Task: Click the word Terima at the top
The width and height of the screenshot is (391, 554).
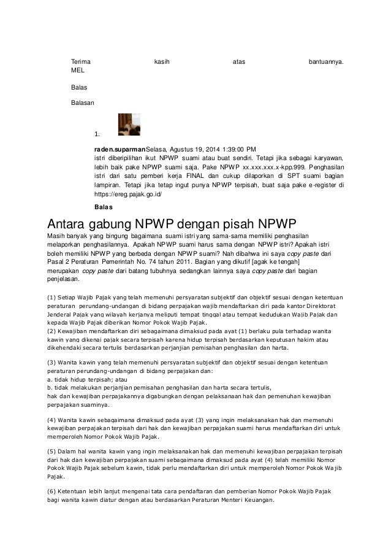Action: [x=80, y=61]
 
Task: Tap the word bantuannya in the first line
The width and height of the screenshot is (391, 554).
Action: [x=325, y=61]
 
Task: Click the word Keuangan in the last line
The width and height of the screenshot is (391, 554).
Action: [x=260, y=501]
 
